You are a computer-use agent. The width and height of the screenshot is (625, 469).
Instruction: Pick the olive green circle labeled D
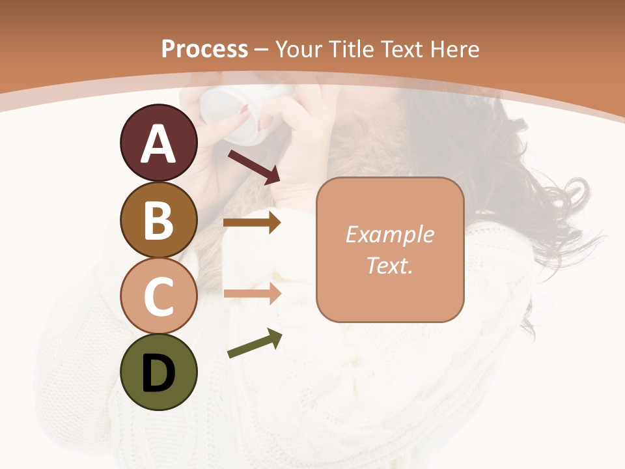158,373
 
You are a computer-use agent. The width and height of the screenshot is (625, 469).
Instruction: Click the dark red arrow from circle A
254,166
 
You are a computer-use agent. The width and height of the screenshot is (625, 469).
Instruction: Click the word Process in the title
204,50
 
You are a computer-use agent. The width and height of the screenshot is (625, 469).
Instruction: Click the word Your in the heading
299,50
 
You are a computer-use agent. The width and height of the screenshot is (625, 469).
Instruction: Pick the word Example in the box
389,234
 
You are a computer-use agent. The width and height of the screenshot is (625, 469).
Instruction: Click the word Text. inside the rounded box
389,265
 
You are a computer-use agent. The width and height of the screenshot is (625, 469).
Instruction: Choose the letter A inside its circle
158,143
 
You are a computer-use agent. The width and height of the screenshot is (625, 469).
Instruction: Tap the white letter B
158,221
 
